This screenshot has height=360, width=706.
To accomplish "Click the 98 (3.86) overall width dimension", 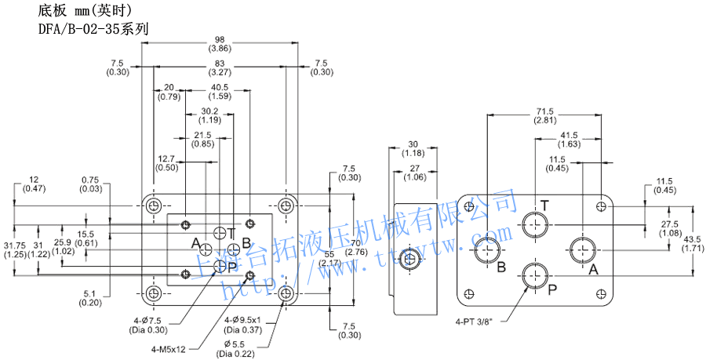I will click(x=219, y=44).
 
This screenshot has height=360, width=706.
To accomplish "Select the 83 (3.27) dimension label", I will click(x=219, y=67).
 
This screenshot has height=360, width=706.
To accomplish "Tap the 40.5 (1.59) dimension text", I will click(x=220, y=92).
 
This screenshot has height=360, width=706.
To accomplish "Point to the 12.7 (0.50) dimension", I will click(x=166, y=163).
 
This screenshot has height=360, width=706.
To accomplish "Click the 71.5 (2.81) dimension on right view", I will click(x=545, y=115).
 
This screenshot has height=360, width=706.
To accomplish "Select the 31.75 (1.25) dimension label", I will click(x=15, y=249).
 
